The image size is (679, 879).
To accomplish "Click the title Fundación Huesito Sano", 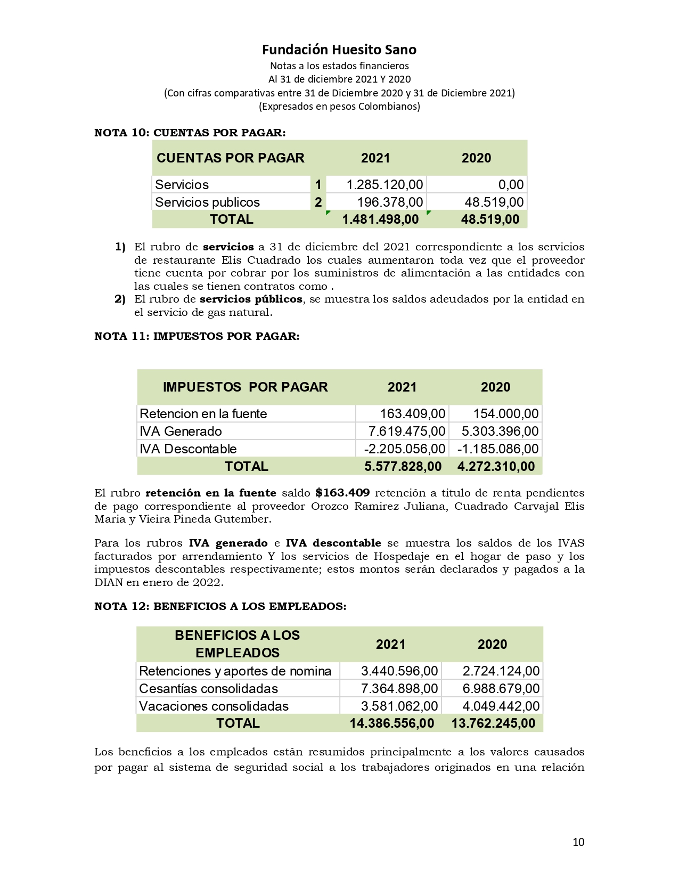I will (339, 50).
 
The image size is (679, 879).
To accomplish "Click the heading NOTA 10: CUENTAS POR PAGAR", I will (190, 133).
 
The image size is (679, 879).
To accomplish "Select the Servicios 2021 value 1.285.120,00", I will (385, 185).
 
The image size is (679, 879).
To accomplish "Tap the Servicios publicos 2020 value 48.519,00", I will (494, 202).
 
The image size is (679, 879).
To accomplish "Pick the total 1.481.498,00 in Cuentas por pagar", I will (380, 219).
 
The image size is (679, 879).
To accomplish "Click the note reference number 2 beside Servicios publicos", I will (318, 202).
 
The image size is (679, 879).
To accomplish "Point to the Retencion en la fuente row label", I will (203, 414).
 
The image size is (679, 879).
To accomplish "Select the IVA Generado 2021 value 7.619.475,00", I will (407, 432).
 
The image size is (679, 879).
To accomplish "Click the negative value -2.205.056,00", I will (404, 449).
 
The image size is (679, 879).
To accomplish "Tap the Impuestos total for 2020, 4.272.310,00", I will (496, 467).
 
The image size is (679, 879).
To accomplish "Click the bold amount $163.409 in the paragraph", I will (342, 493).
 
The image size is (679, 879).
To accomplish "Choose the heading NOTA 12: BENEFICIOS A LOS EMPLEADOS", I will (220, 606).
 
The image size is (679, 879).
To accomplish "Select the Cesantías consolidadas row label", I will (208, 689).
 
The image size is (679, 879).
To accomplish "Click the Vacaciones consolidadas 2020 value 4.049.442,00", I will (501, 706).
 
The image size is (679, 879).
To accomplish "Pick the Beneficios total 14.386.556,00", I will (391, 723).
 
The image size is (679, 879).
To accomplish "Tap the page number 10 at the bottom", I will (578, 842).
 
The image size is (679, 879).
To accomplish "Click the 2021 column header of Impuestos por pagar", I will (402, 387).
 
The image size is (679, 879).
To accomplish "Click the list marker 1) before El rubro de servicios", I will (120, 247).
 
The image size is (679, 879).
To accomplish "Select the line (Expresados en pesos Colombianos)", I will (339, 106).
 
